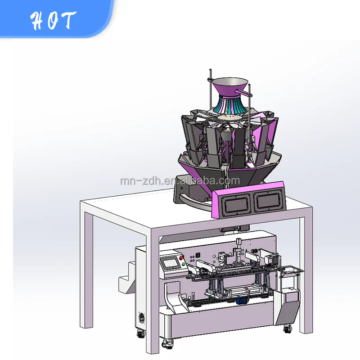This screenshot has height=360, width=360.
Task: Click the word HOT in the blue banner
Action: pyautogui.click(x=53, y=20)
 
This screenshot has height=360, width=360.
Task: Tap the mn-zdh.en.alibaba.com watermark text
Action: pyautogui.click(x=180, y=181)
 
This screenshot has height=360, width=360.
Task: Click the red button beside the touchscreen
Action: pyautogui.click(x=181, y=258)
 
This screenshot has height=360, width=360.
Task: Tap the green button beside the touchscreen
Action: pyautogui.click(x=183, y=264)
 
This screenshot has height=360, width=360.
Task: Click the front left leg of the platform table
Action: pyautogui.click(x=157, y=292)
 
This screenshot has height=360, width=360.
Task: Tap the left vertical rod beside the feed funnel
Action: pyautogui.click(x=210, y=90)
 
